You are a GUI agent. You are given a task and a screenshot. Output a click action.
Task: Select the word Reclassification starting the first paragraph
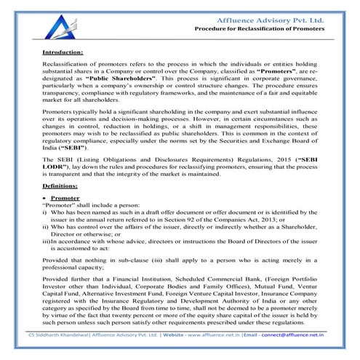(x=68, y=65)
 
